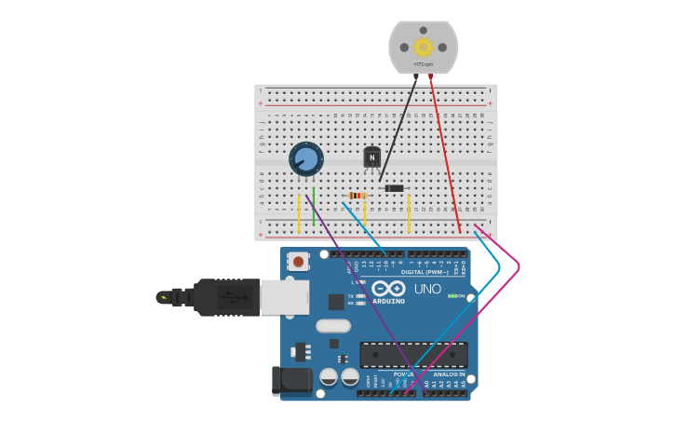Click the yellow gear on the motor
click(x=424, y=47)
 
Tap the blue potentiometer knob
click(x=305, y=158)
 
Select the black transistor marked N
click(x=372, y=157)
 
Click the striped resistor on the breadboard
click(x=356, y=195)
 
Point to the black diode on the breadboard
click(x=395, y=188)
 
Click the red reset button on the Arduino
click(x=298, y=262)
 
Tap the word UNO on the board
click(x=427, y=289)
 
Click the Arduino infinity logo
click(x=388, y=288)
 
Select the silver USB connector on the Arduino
click(x=284, y=298)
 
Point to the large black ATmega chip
click(x=413, y=355)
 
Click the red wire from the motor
click(x=445, y=154)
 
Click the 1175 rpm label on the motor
click(x=424, y=64)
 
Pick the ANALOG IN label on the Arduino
click(x=449, y=374)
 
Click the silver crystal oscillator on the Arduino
click(x=332, y=326)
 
